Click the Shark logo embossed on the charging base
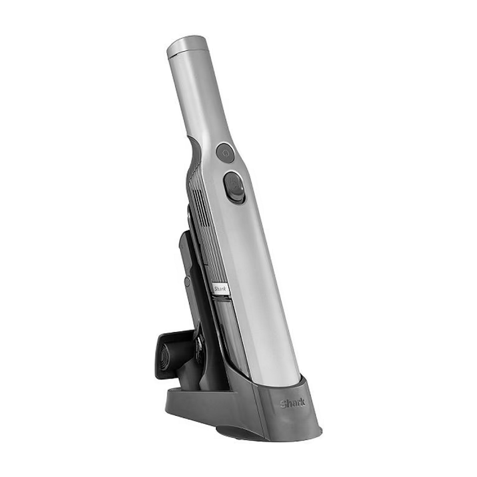(x=292, y=403)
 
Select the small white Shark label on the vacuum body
(x=219, y=288)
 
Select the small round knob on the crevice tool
(x=187, y=281)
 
